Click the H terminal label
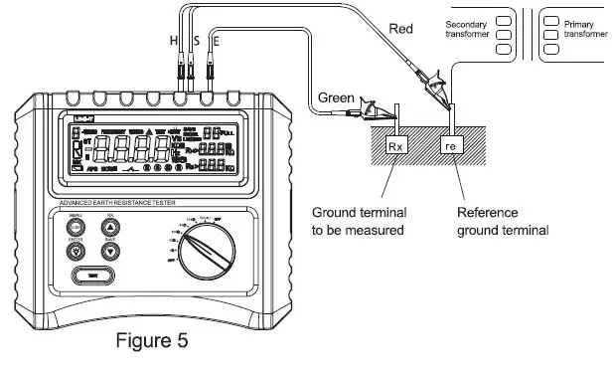(174, 41)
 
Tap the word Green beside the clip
(337, 97)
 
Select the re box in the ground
(453, 145)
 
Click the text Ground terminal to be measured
(358, 221)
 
